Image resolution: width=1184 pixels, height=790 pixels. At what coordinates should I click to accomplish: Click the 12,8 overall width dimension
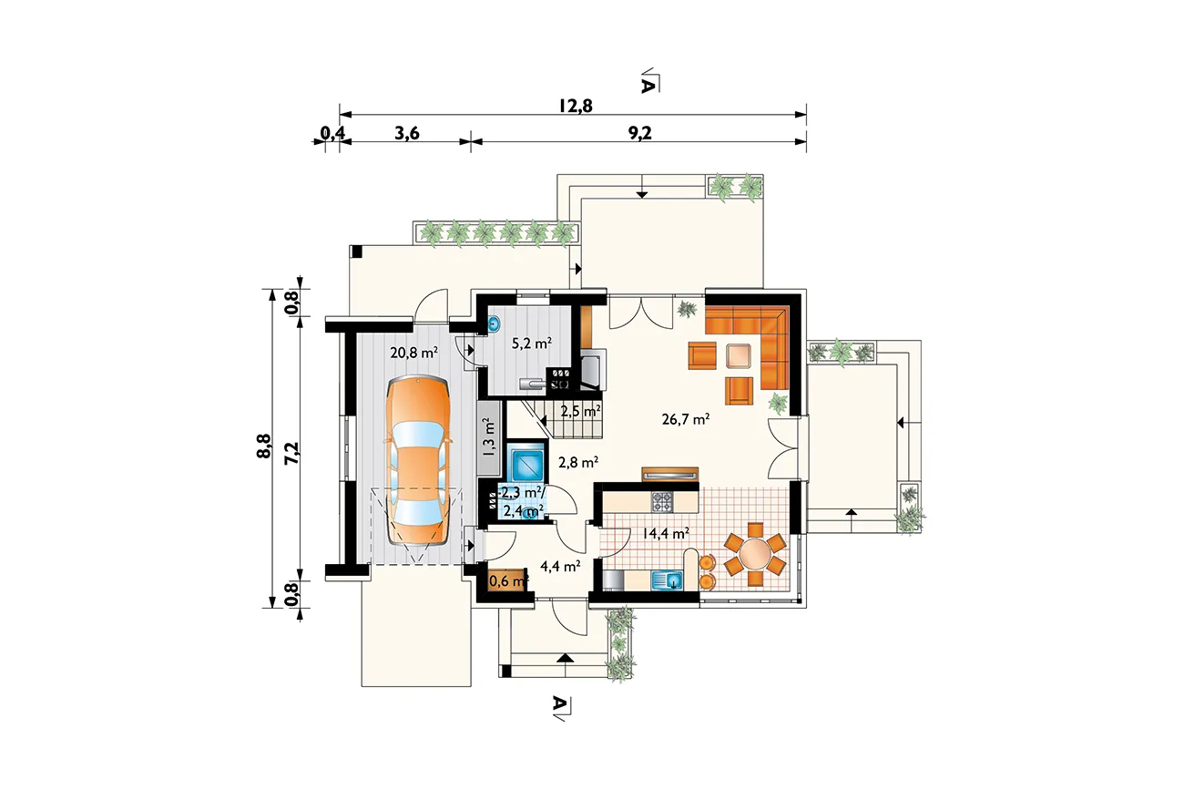coord(576,106)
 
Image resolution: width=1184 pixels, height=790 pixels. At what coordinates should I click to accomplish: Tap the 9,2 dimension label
coord(639,133)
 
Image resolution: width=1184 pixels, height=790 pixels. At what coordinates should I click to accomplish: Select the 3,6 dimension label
coord(407,133)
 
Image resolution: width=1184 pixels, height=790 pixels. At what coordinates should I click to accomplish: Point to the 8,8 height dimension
coord(264,446)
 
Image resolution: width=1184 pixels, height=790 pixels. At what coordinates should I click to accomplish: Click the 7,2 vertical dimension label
coord(291,453)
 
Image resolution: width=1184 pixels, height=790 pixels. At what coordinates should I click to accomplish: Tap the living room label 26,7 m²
coord(686,419)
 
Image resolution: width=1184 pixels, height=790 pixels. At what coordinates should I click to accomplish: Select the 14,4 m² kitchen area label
coord(666,533)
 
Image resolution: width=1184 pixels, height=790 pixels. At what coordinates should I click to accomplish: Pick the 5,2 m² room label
coord(532,344)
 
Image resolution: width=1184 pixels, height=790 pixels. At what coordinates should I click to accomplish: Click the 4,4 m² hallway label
coord(560,567)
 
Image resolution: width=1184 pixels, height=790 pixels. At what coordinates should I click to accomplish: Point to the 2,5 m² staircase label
coord(580,411)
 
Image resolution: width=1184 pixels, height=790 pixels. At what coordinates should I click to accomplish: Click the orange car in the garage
coord(418,460)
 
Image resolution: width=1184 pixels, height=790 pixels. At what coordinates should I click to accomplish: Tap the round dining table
coord(754,554)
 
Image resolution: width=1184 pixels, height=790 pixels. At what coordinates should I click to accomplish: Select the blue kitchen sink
coord(667,580)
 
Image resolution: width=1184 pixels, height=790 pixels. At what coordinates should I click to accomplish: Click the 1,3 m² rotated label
coord(489,436)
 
